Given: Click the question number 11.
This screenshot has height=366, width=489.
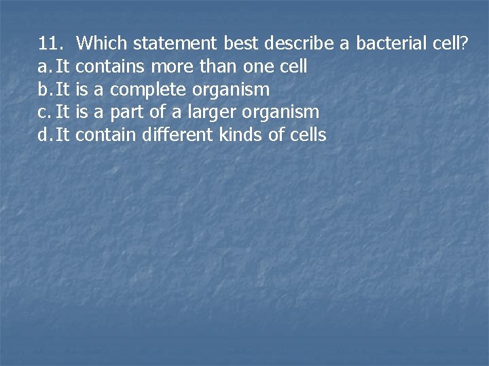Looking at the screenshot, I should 51,44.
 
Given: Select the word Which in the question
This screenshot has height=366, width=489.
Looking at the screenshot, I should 102,44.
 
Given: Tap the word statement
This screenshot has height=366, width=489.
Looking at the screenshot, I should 175,44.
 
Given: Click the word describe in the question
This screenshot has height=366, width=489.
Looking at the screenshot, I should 299,44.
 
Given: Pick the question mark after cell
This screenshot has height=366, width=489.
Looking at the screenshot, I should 464,44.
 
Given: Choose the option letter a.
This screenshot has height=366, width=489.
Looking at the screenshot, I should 43,67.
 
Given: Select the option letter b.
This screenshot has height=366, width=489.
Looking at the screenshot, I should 43,89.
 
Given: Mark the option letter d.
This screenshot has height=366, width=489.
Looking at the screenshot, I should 43,135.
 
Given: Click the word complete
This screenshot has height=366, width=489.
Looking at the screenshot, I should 148,89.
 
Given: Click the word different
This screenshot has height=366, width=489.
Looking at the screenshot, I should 179,135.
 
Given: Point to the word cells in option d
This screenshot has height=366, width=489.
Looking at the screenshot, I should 307,135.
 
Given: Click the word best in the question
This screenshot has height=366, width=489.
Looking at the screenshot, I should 241,44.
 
